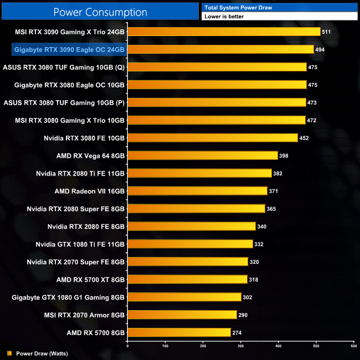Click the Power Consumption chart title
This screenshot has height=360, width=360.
tap(100, 12)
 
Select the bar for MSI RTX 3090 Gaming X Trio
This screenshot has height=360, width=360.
tap(224, 32)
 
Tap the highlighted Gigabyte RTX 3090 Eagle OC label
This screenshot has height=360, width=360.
tap(69, 49)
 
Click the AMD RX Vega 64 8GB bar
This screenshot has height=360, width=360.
tap(202, 156)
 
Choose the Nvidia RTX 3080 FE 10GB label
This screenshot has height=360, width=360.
tap(84, 138)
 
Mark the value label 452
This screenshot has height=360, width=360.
tap(304, 138)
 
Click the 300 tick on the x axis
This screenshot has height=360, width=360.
tap(240, 346)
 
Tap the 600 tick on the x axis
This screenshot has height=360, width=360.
tap(353, 346)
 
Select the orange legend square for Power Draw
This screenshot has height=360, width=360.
tap(9, 353)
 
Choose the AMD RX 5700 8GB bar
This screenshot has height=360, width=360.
tap(179, 332)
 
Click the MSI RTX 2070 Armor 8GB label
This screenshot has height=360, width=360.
tap(85, 315)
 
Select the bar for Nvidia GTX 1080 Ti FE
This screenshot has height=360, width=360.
tap(190, 244)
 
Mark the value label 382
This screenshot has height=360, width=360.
tap(277, 173)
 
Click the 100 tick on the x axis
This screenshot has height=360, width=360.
tap(165, 346)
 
